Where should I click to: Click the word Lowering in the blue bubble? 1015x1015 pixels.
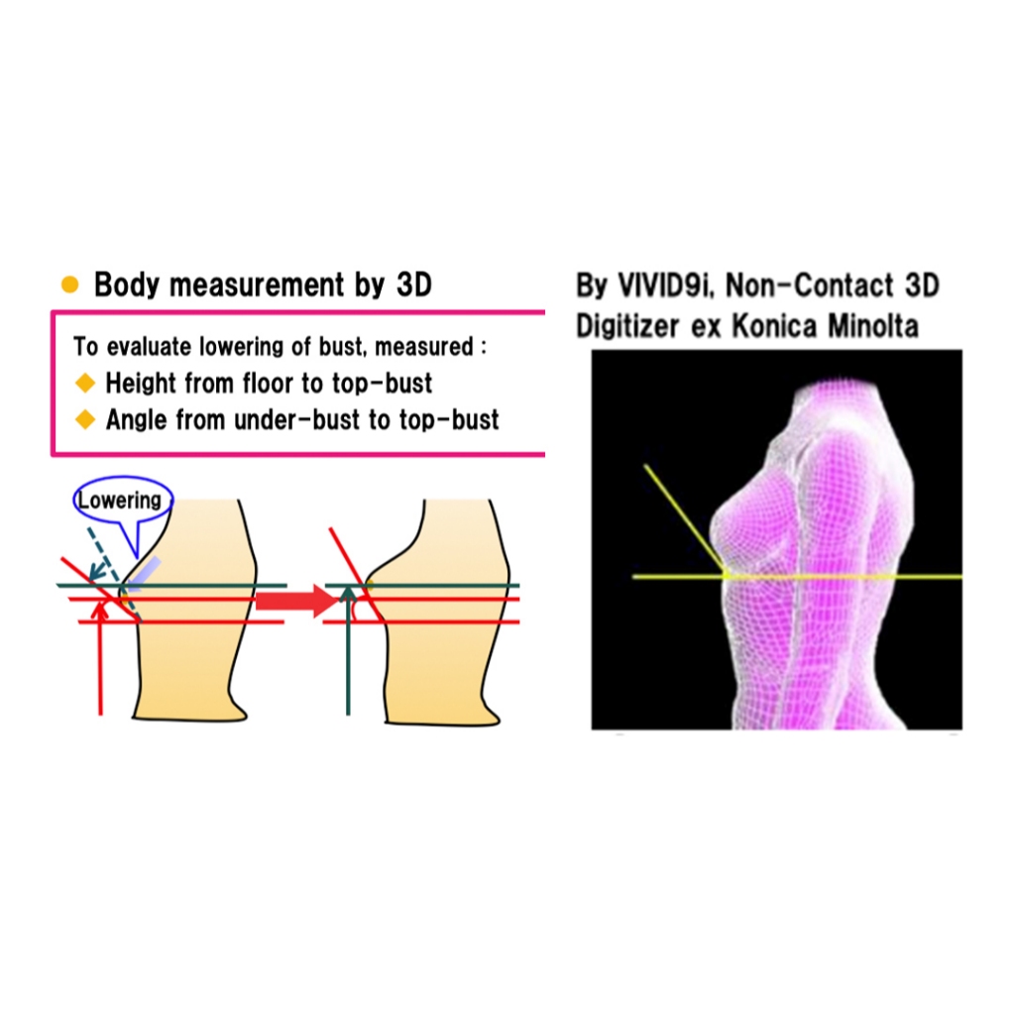point(119,501)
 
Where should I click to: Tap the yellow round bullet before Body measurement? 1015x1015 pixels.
point(69,285)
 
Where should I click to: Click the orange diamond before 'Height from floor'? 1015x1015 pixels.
point(85,383)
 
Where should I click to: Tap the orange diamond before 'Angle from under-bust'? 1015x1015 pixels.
point(85,420)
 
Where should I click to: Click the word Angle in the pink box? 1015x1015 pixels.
point(137,420)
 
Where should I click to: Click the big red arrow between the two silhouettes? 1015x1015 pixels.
point(293,600)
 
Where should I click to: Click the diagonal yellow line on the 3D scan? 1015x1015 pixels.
point(684,515)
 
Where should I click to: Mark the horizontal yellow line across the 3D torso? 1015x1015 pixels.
point(843,576)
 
